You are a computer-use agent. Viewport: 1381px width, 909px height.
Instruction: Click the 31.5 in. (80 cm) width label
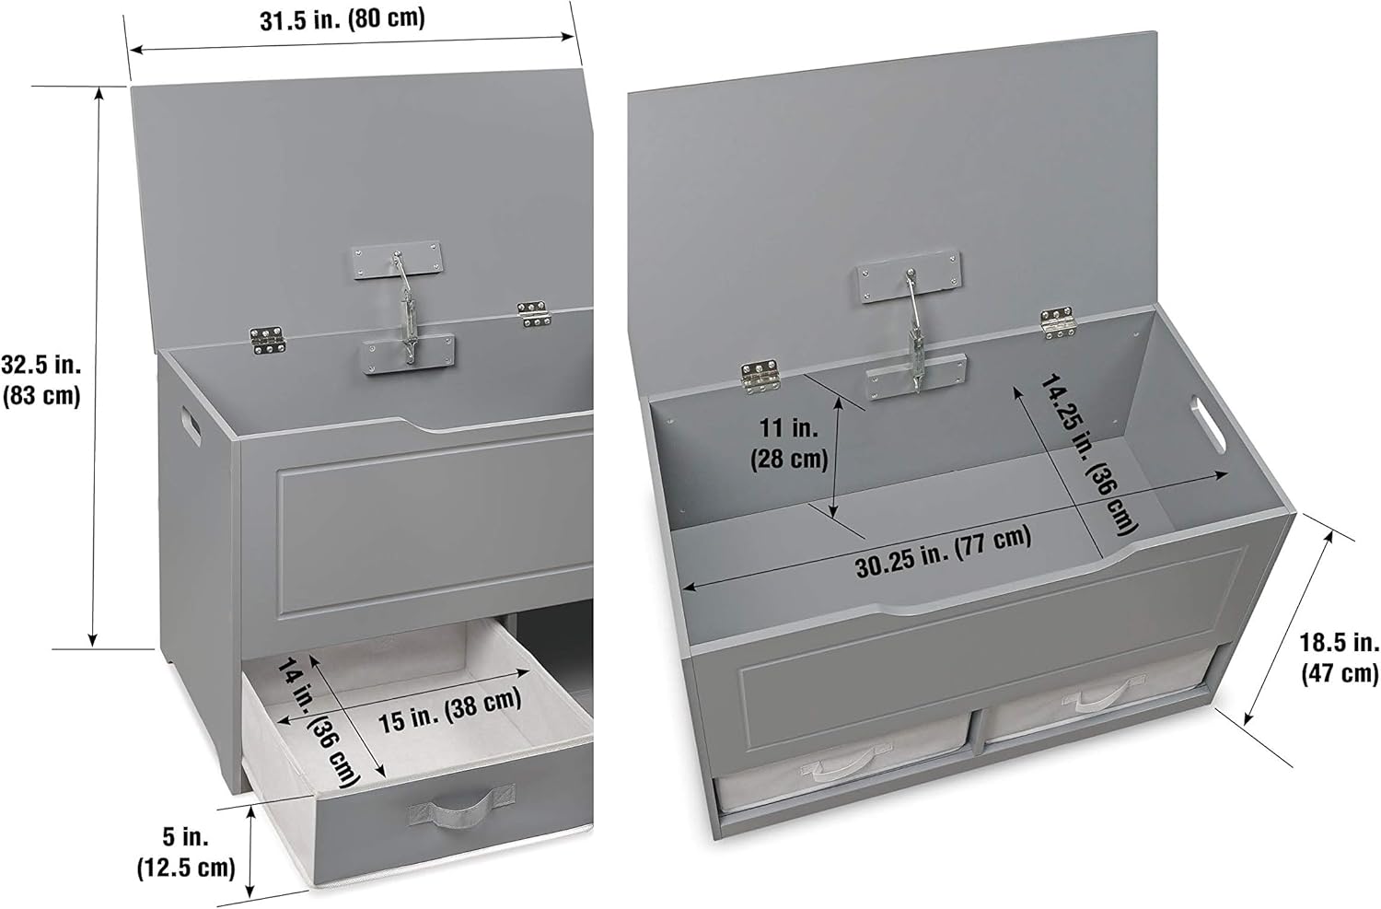342,20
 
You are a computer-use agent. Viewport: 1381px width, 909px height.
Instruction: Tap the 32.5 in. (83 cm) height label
42,379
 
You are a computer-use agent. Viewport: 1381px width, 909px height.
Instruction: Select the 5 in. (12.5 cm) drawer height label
187,852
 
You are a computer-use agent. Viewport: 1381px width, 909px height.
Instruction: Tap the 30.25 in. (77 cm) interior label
944,550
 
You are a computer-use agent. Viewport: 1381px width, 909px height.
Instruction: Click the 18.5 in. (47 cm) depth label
1339,658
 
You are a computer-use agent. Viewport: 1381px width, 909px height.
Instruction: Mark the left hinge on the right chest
760,374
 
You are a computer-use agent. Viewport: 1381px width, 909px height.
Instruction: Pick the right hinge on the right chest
1058,321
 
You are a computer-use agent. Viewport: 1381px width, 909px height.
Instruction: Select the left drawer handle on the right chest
839,765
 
